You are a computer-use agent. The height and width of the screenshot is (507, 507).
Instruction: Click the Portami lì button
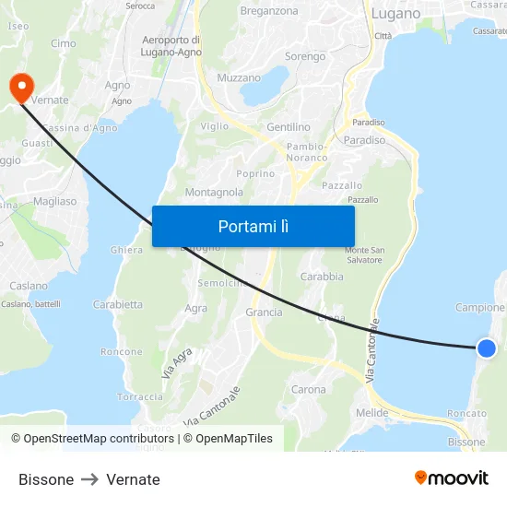point(253,226)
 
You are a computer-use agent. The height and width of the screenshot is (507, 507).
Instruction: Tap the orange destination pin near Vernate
point(20,87)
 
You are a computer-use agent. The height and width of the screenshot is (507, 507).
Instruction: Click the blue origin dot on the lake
point(487,348)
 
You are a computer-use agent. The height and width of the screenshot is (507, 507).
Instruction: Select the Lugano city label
point(395,14)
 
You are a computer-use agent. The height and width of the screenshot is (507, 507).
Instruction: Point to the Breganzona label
point(269,11)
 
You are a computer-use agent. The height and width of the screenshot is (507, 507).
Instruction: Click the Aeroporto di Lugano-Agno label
point(171,46)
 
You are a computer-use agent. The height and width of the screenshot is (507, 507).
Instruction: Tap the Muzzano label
point(239,78)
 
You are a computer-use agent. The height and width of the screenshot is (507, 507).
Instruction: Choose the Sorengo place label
point(305,56)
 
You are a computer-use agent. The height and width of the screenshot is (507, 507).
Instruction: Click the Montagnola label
point(214,192)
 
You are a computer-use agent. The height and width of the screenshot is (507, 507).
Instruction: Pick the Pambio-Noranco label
point(307,152)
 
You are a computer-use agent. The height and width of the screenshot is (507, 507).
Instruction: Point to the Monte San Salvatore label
point(363,255)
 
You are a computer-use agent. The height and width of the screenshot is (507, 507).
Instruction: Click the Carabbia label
point(322,276)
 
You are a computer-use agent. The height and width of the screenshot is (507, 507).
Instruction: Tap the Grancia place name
point(264,312)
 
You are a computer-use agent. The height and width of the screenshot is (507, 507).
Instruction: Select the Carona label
point(308,389)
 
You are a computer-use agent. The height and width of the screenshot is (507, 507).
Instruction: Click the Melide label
point(371,412)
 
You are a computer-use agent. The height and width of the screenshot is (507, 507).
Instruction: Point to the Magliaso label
point(54,201)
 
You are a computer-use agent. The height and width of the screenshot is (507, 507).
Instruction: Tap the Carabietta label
point(118,304)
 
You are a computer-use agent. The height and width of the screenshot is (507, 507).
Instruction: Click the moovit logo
point(452,478)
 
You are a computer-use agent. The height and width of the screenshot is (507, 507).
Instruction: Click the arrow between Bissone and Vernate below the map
point(90,479)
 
